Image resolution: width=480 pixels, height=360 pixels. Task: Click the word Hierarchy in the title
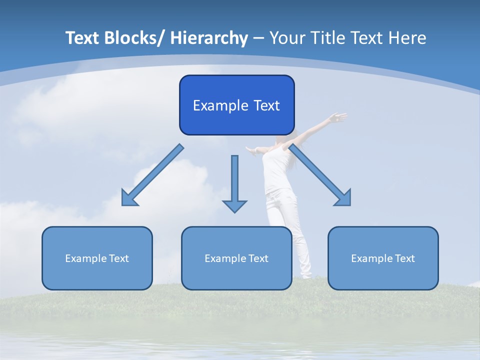coord(209,38)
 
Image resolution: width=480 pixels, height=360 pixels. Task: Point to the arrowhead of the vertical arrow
coord(234,205)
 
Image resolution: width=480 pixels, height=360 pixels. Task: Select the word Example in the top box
coord(213,105)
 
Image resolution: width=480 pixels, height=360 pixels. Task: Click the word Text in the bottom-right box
coord(405,258)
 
